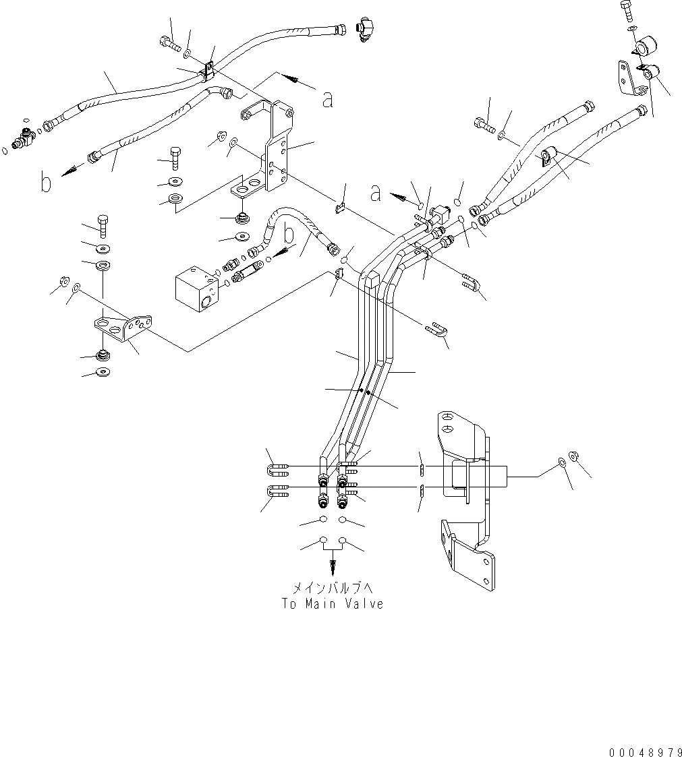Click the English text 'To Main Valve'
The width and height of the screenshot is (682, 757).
pos(333,604)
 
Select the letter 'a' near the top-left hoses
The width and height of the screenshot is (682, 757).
pos(328,99)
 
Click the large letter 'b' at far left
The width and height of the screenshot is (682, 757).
pos(46,182)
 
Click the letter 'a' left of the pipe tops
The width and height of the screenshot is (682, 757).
pos(376,193)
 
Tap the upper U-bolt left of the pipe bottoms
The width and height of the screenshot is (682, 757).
pos(279,466)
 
